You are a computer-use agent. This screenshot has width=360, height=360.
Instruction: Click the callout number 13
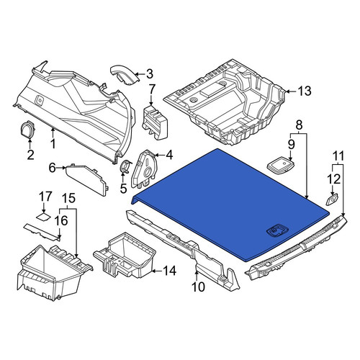(x=305, y=91)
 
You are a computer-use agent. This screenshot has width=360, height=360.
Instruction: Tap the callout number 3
(x=150, y=74)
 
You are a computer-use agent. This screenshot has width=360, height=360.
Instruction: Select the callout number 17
(x=45, y=197)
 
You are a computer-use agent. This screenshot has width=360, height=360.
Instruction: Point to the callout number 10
(x=198, y=287)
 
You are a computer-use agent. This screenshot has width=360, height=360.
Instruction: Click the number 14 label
(x=170, y=271)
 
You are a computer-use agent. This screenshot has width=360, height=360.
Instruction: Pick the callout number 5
(x=123, y=189)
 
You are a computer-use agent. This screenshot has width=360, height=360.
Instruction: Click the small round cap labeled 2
(x=28, y=130)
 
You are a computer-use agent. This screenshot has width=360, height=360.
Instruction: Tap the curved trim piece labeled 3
(x=125, y=74)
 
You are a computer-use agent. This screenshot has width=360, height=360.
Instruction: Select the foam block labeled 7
(x=155, y=122)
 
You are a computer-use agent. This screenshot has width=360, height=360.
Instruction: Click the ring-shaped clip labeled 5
(x=125, y=166)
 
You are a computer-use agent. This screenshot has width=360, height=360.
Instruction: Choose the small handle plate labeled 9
(x=281, y=166)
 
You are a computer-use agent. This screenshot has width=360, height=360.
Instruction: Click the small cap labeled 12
(x=332, y=199)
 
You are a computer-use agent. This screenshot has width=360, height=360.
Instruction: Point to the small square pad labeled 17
(x=43, y=216)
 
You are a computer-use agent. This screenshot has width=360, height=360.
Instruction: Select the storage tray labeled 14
(x=125, y=256)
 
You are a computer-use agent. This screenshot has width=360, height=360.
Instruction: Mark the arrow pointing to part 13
(x=290, y=91)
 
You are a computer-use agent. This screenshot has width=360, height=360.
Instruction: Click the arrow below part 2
(x=30, y=143)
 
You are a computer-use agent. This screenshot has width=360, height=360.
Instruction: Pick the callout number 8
(x=298, y=125)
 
